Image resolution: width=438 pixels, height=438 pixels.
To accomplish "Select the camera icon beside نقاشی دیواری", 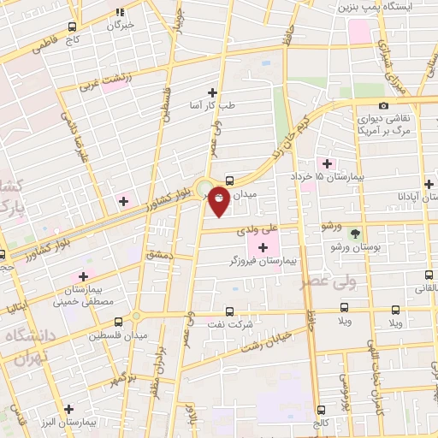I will coord(383,105).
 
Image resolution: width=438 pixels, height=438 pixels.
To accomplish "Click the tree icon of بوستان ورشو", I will coord(355,232).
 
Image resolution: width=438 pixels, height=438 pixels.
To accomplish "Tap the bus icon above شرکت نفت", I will coord(229,312).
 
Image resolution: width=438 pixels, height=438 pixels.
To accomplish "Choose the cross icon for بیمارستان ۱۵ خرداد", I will coord(327,163).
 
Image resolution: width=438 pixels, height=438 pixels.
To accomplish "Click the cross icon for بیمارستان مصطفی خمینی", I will coord(83,276).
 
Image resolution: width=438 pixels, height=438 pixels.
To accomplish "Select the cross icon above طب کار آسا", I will coord(212,92).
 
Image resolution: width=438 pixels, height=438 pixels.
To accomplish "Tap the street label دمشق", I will coord(158,254).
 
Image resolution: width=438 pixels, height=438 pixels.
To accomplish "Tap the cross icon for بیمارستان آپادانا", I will coord(428,184).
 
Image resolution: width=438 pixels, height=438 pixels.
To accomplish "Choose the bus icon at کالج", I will coord(321,410).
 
